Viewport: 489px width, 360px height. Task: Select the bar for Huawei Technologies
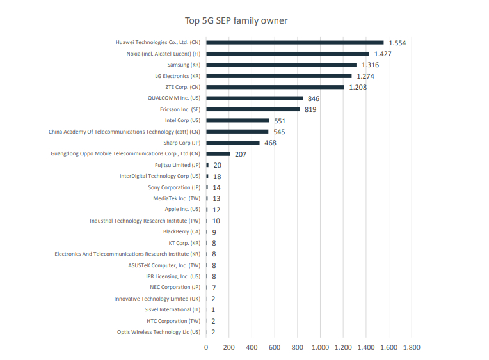tap(294, 42)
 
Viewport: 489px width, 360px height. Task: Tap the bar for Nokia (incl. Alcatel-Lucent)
tap(287, 54)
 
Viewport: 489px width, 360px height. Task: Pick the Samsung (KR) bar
tap(281, 65)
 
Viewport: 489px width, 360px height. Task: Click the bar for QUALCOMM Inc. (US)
tap(254, 98)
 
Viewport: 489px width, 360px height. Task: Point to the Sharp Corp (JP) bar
tap(232, 143)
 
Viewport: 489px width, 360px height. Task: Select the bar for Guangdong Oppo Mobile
tap(218, 153)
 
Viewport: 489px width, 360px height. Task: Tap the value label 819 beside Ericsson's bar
tap(310, 109)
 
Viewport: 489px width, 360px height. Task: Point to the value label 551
tap(280, 121)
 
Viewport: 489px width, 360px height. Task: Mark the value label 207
tap(241, 154)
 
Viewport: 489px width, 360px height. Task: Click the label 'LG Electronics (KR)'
tap(177, 76)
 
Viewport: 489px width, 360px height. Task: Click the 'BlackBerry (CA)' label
tap(181, 231)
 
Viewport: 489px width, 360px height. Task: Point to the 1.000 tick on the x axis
tap(320, 347)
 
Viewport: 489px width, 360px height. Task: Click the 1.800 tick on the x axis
tap(411, 347)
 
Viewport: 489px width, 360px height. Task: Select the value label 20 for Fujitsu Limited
tap(217, 165)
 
